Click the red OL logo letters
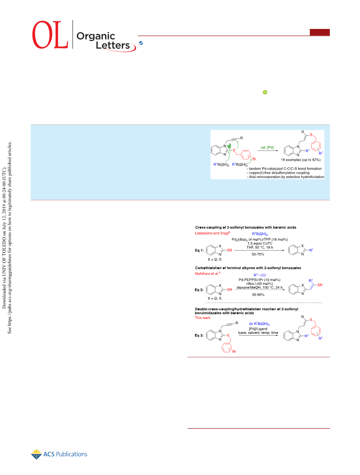[x=50, y=35]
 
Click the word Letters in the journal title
[x=113, y=45]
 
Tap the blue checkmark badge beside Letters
[x=141, y=43]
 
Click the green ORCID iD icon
[x=265, y=92]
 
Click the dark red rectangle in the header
[x=320, y=32]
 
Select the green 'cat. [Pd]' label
[x=267, y=147]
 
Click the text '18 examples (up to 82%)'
[x=301, y=160]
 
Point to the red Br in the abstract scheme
[x=255, y=159]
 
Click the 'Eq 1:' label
[x=199, y=250]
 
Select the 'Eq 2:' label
[x=199, y=290]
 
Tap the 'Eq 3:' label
[x=199, y=335]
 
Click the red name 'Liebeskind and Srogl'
[x=212, y=233]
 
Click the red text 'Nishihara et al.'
[x=207, y=273]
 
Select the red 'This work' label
[x=202, y=318]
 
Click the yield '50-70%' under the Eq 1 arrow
[x=258, y=254]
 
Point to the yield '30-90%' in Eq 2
[x=258, y=294]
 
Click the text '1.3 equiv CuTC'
[x=260, y=243]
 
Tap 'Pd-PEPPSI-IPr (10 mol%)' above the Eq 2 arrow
[x=259, y=280]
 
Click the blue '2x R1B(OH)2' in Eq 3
[x=259, y=324]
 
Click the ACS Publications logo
[x=59, y=454]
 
